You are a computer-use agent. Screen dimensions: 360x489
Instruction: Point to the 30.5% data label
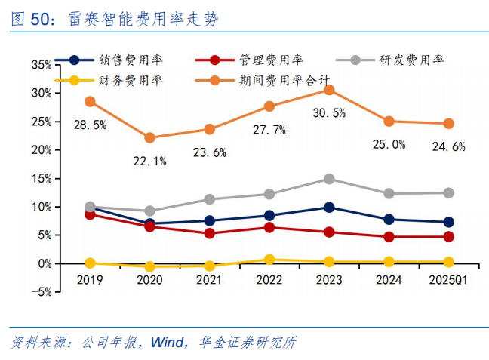329,114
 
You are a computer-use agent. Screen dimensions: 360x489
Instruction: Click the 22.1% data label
149,161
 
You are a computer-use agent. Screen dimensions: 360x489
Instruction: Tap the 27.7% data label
269,130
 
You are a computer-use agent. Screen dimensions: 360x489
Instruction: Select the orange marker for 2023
329,90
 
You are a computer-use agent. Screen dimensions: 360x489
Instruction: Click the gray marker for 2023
329,179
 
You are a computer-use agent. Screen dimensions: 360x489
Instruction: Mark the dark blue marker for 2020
149,224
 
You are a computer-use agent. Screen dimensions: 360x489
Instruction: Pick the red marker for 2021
209,233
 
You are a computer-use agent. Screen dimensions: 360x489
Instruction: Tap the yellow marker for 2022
269,260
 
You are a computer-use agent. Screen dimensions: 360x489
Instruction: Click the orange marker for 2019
90,101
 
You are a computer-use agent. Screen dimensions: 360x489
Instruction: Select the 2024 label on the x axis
389,279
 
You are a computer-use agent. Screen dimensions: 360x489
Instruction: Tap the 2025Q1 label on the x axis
448,279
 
